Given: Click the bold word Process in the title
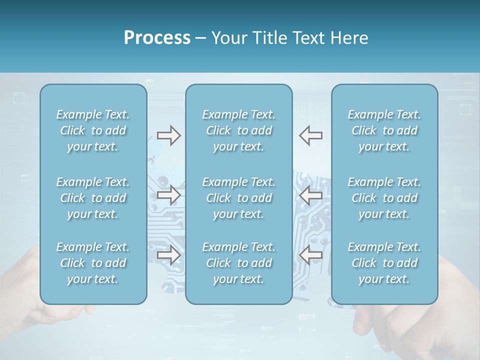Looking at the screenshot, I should [157, 38].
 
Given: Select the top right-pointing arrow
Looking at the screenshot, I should [168, 135].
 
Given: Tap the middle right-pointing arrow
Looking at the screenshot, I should [168, 195].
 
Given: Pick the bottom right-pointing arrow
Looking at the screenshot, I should [168, 255].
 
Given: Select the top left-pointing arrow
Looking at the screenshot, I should [310, 135].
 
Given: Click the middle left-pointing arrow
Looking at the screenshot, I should [310, 195].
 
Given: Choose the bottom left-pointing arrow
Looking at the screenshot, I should [310, 255].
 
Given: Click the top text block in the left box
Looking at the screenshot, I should [93, 130].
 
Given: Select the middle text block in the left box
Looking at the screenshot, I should [93, 198].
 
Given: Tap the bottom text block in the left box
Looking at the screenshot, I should [93, 263].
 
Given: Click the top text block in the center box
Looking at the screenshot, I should [238, 130].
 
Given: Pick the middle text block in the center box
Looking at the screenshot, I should [238, 198].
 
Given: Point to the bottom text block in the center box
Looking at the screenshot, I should [238, 263].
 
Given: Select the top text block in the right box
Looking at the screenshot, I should [384, 130].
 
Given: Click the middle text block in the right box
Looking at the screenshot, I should [384, 198].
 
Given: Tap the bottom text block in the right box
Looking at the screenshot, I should [384, 263].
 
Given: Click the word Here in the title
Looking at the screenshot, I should [349, 38].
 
